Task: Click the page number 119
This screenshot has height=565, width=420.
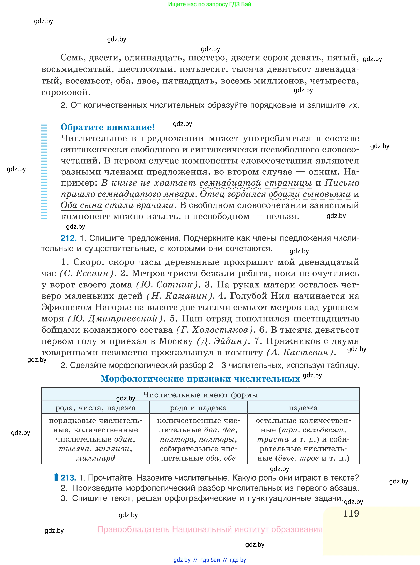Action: pos(351,513)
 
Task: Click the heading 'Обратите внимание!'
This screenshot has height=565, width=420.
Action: pos(108,127)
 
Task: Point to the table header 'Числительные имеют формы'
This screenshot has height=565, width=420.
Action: pos(200,395)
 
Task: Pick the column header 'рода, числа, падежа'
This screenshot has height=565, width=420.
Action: pos(95,408)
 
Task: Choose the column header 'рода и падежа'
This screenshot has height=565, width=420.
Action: pos(198,408)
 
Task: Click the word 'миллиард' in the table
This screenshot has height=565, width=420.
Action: pos(96,458)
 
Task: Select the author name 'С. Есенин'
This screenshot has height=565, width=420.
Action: pos(86,273)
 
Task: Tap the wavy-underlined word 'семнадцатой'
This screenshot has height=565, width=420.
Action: pos(230,183)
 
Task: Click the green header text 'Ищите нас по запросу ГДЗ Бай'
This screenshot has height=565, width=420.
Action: pos(209,4)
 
